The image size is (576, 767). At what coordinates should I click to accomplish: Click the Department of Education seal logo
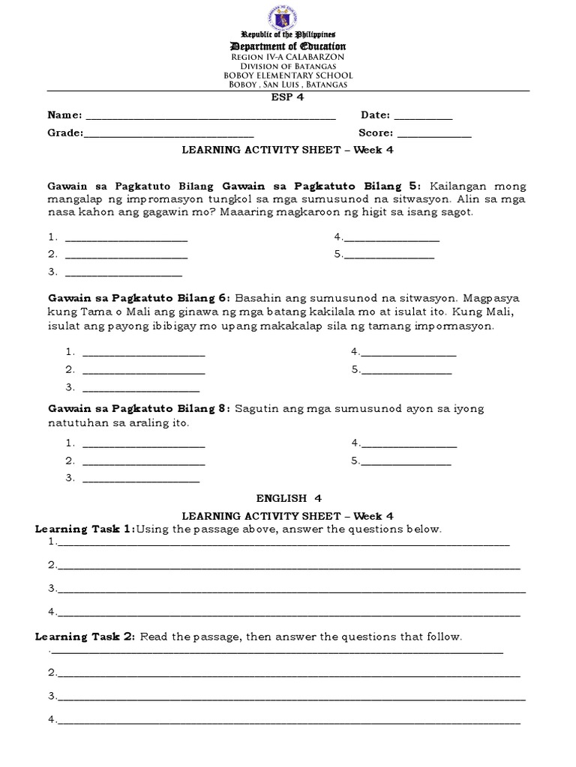[288, 16]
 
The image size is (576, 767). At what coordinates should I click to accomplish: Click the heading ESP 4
[288, 97]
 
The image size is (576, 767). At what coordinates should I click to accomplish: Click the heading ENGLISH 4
[288, 497]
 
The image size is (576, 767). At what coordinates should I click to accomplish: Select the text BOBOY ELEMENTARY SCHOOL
[288, 76]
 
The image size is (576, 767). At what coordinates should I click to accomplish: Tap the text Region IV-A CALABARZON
[288, 57]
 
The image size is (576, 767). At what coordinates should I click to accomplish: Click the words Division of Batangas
[288, 67]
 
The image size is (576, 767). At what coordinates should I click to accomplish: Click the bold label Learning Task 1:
[85, 530]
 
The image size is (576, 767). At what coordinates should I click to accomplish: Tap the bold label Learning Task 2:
[85, 637]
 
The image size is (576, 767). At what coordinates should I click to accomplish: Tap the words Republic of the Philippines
[288, 36]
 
